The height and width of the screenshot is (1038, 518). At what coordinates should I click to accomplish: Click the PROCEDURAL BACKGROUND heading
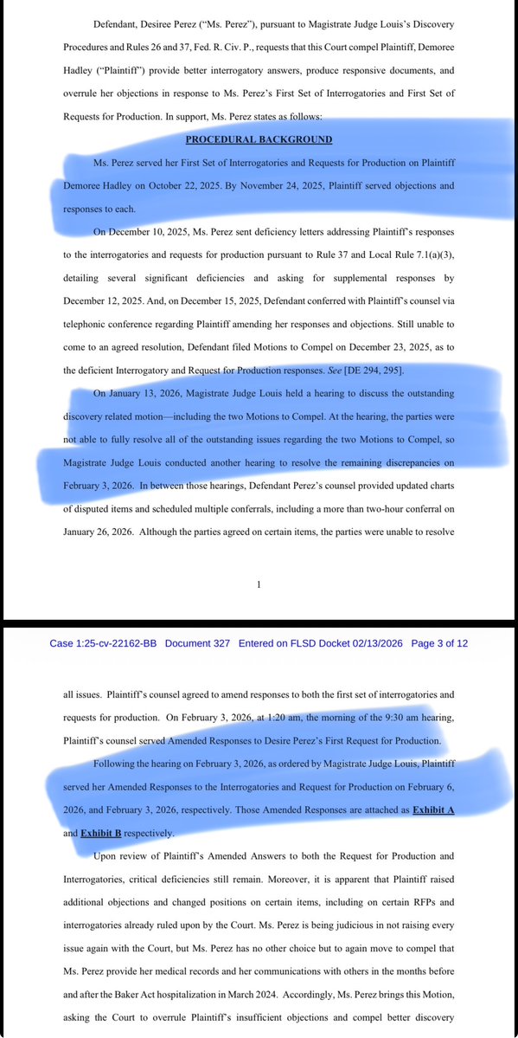259,139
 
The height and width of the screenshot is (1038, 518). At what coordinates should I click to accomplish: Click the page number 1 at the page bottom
259,585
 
